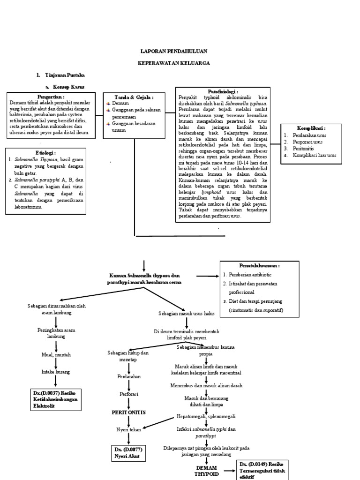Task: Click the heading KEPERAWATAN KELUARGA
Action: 173,62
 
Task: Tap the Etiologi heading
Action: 45,153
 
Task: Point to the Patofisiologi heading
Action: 223,91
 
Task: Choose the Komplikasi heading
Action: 311,127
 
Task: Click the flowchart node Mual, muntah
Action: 56,355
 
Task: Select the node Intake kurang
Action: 56,372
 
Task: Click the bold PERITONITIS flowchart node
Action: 128,412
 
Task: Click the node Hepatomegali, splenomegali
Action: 206,416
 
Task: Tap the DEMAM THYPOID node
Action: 206,471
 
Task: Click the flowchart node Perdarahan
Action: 128,376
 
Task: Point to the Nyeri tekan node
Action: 128,429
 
